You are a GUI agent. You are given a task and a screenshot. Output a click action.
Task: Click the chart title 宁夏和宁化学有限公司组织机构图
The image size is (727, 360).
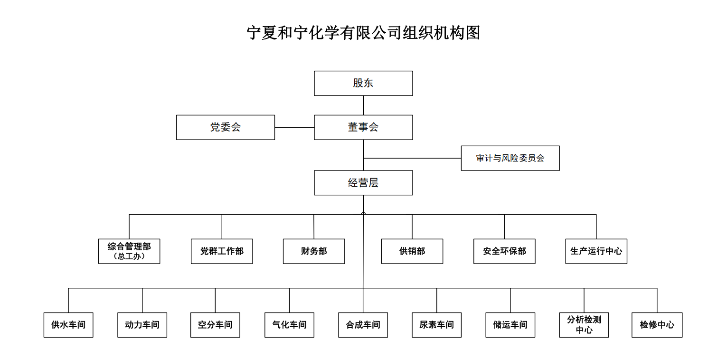coord(363,33)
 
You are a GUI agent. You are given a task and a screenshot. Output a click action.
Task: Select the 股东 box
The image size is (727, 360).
coord(363,84)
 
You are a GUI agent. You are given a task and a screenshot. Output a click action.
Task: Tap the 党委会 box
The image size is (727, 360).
coord(226,127)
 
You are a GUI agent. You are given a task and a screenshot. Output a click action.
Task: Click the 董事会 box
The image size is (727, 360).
coord(363,127)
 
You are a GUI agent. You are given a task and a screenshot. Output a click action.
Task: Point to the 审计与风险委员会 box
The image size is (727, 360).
coord(510,158)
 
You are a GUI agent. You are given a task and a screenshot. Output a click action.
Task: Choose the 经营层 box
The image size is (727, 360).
coord(363,183)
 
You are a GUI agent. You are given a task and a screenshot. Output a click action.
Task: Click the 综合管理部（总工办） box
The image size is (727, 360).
coord(129,251)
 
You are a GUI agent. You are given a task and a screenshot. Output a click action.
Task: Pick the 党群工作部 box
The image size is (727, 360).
coord(222,251)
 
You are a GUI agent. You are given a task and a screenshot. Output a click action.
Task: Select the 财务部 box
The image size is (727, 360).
coord(314,251)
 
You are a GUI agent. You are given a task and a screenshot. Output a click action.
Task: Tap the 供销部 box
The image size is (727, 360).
coord(412,251)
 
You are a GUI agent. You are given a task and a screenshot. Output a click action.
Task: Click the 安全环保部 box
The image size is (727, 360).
coord(504,251)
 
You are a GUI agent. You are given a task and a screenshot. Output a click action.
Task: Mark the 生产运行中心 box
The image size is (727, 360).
coord(596,251)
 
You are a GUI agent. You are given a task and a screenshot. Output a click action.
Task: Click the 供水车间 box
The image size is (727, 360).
coord(68,325)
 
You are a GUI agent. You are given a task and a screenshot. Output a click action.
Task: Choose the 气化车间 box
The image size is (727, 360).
coord(289,325)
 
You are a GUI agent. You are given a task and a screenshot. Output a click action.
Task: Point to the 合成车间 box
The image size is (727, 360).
coord(363,325)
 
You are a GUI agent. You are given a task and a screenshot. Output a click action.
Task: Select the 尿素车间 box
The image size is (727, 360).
coord(436,325)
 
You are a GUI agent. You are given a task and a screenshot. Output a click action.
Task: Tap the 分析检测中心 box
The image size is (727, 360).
coord(584,325)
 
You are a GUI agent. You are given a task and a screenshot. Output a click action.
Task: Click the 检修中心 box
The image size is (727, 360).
coord(657,325)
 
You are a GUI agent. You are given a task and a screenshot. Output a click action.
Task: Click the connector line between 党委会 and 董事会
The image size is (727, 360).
coord(294,127)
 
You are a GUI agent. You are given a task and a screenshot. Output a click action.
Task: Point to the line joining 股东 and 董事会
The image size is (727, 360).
coord(363,105)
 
